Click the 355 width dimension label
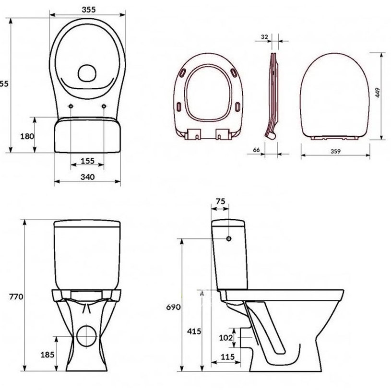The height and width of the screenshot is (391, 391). click(87, 9)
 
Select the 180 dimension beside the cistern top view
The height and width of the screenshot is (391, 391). click(27, 136)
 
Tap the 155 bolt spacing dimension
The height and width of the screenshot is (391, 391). click(87, 161)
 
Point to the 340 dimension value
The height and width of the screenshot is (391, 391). click(87, 177)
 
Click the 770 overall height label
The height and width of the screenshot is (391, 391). click(17, 296)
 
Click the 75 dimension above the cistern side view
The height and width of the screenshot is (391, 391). click(220, 202)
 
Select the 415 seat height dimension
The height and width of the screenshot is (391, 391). click(194, 332)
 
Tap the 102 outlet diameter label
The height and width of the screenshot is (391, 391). click(226, 338)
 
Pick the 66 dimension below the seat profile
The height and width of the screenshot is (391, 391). click(256, 150)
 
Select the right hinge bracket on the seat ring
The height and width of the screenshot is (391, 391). click(223, 134)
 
